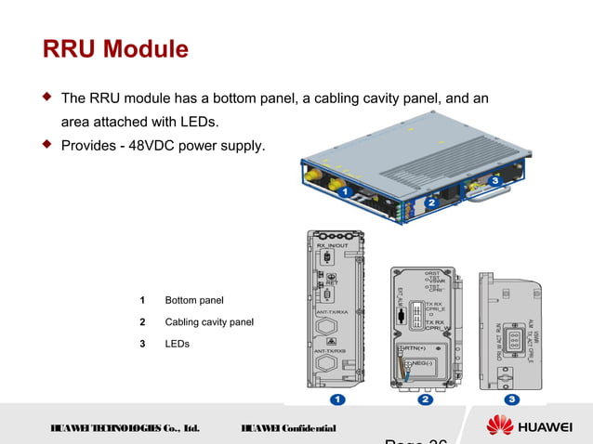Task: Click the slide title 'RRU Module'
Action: [115, 48]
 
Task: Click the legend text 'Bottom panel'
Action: [194, 300]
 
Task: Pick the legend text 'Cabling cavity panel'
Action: [209, 322]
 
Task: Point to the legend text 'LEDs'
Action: [177, 345]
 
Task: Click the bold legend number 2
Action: [142, 322]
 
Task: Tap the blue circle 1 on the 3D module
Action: [344, 191]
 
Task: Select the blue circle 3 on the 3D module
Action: [495, 179]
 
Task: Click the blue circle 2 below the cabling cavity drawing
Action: [425, 400]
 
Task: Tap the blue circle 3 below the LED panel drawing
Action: [512, 400]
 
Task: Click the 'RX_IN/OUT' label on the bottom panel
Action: [333, 245]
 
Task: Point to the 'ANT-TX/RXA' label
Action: [332, 312]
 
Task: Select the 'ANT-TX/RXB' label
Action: [332, 350]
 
